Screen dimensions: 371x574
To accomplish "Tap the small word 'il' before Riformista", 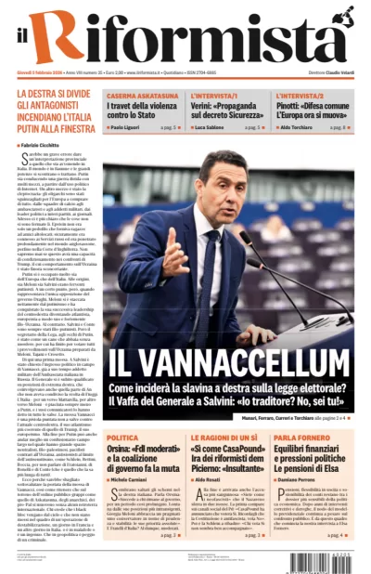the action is pyautogui.click(x=22, y=42).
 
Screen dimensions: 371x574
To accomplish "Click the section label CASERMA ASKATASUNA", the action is pyautogui.click(x=140, y=96).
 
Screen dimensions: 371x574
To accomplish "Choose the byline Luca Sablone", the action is pyautogui.click(x=212, y=126).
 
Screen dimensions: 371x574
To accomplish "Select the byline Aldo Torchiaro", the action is pyautogui.click(x=300, y=126).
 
